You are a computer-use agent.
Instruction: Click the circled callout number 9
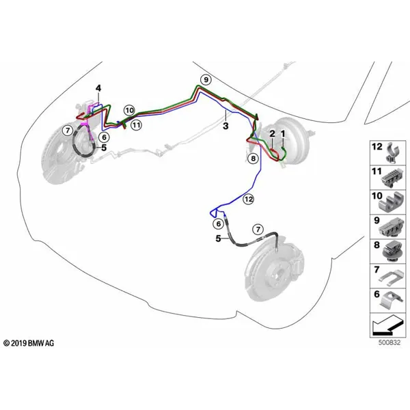(x=206, y=79)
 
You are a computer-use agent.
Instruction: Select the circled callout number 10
(x=129, y=110)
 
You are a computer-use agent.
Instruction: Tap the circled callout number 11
(x=136, y=125)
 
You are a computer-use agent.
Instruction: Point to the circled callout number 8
(x=253, y=159)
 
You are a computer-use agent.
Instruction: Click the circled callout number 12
(x=249, y=200)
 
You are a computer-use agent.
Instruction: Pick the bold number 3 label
(x=225, y=126)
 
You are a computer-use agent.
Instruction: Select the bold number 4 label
(x=98, y=88)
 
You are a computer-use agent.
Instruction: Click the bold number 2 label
(x=272, y=134)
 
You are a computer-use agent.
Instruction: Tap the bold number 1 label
(x=283, y=134)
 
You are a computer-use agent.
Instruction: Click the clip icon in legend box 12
(x=392, y=152)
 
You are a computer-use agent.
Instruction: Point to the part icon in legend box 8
(x=392, y=251)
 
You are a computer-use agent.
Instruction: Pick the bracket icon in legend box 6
(x=392, y=300)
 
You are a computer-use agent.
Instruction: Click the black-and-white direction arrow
(x=387, y=325)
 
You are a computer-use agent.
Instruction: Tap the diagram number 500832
(x=389, y=342)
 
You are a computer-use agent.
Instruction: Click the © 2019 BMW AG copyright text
(x=29, y=343)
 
